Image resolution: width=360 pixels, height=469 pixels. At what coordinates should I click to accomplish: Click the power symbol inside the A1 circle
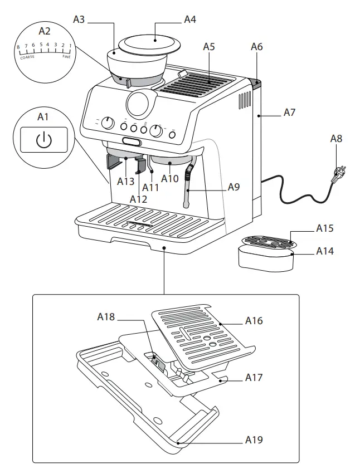[43, 140]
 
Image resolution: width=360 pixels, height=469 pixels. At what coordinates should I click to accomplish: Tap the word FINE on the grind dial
[66, 56]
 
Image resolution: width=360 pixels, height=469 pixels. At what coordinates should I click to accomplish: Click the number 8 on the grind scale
[18, 47]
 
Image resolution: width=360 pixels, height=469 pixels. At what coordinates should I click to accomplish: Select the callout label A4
[190, 19]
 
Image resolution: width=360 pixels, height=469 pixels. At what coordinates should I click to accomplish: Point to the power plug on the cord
[338, 174]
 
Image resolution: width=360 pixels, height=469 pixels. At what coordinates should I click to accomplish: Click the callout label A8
[336, 139]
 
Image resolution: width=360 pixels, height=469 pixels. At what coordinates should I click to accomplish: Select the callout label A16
[254, 321]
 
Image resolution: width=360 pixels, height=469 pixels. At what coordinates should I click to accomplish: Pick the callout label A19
[254, 440]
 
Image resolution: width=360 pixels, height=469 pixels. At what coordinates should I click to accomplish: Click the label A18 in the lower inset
[106, 317]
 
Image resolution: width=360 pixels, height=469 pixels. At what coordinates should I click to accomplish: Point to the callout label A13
[126, 181]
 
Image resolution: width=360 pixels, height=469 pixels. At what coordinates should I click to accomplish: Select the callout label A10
[170, 179]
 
